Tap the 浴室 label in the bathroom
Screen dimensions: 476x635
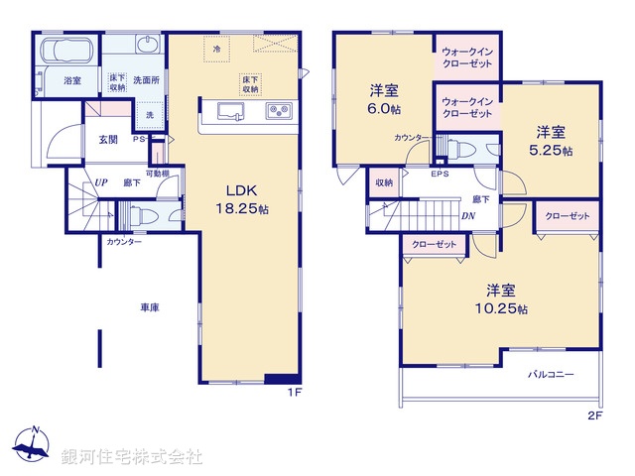pyautogui.click(x=72, y=79)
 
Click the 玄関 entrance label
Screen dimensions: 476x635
pyautogui.click(x=108, y=139)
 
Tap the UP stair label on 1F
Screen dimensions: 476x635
pyautogui.click(x=101, y=182)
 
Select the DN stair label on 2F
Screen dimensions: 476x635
pyautogui.click(x=467, y=215)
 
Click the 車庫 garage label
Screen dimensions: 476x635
pyautogui.click(x=150, y=308)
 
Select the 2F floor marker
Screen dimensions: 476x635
pyautogui.click(x=594, y=416)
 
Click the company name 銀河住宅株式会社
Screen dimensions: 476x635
pyautogui.click(x=131, y=457)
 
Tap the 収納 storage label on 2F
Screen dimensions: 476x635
pyautogui.click(x=384, y=182)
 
